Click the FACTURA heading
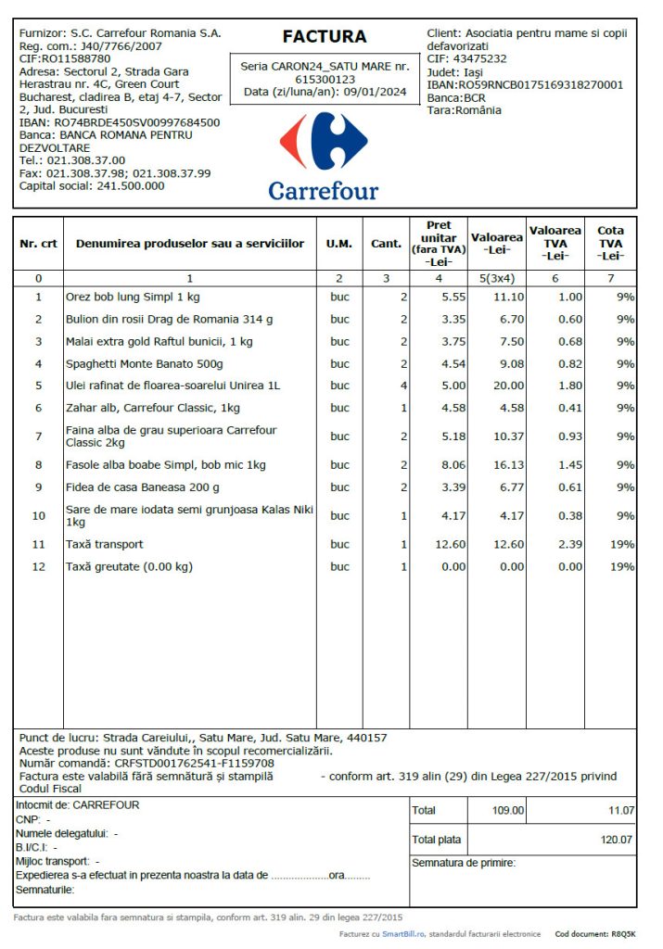pyautogui.click(x=324, y=37)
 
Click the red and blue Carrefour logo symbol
pyautogui.click(x=324, y=141)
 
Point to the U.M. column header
pyautogui.click(x=338, y=244)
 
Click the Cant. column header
pyautogui.click(x=386, y=244)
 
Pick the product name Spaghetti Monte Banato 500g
pyautogui.click(x=144, y=363)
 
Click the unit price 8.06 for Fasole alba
pyautogui.click(x=451, y=464)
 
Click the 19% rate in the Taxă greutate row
pyautogui.click(x=621, y=566)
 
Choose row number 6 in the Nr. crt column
pyautogui.click(x=38, y=408)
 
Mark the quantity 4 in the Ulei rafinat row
pyautogui.click(x=403, y=386)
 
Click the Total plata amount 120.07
pyautogui.click(x=616, y=840)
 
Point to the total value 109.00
pyautogui.click(x=507, y=810)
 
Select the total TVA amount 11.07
pyautogui.click(x=620, y=810)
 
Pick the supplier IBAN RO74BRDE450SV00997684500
pyautogui.click(x=137, y=122)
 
